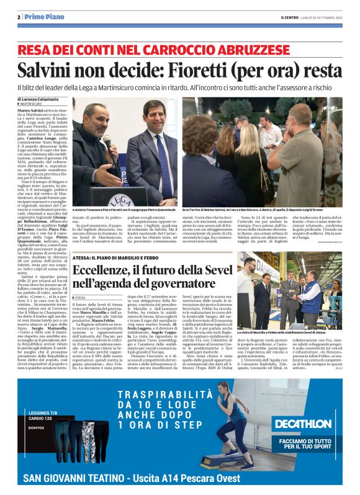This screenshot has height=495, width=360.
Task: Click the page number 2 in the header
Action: click(19, 17)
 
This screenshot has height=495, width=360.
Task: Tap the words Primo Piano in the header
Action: click(40, 17)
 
